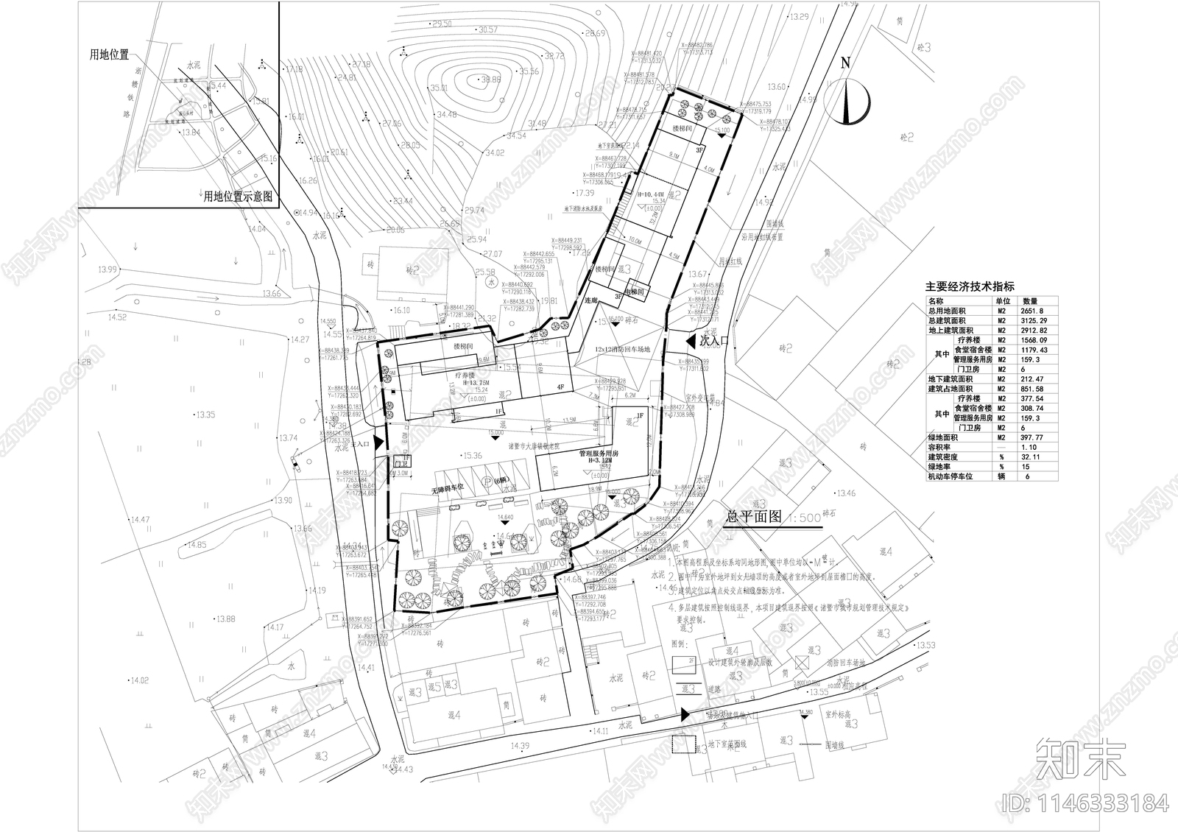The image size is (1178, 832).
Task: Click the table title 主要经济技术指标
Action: pos(970,287)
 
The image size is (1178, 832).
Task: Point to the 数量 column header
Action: pos(1029,301)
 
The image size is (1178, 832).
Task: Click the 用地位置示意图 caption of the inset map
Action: pos(238,197)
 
